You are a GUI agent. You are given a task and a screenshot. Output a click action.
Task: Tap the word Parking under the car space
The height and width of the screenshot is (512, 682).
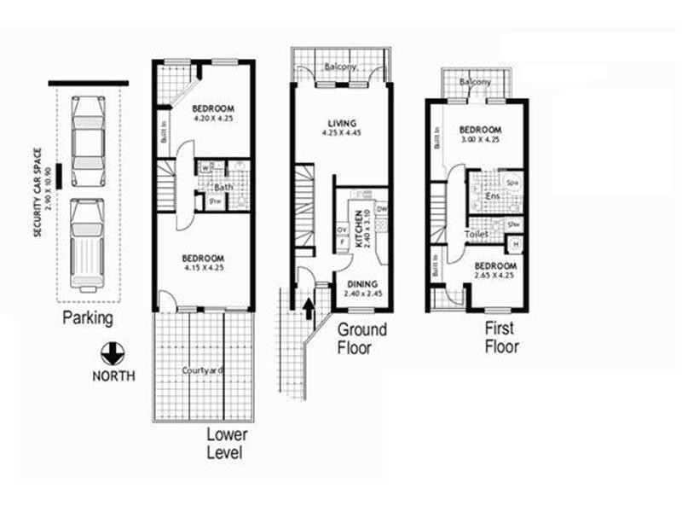coord(87,319)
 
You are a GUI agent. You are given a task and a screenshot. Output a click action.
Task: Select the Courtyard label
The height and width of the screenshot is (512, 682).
coord(203,370)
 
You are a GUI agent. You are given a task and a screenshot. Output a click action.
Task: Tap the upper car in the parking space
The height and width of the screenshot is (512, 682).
coord(88,142)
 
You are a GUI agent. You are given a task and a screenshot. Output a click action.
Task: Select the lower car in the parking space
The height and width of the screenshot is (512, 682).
coord(88,242)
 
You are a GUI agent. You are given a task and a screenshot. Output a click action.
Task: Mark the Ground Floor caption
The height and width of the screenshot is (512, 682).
coord(361,338)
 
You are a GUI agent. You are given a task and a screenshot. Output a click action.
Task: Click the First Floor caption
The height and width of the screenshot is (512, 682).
coord(502,338)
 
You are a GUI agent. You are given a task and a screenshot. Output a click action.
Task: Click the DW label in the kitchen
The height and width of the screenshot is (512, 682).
coord(381,207)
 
